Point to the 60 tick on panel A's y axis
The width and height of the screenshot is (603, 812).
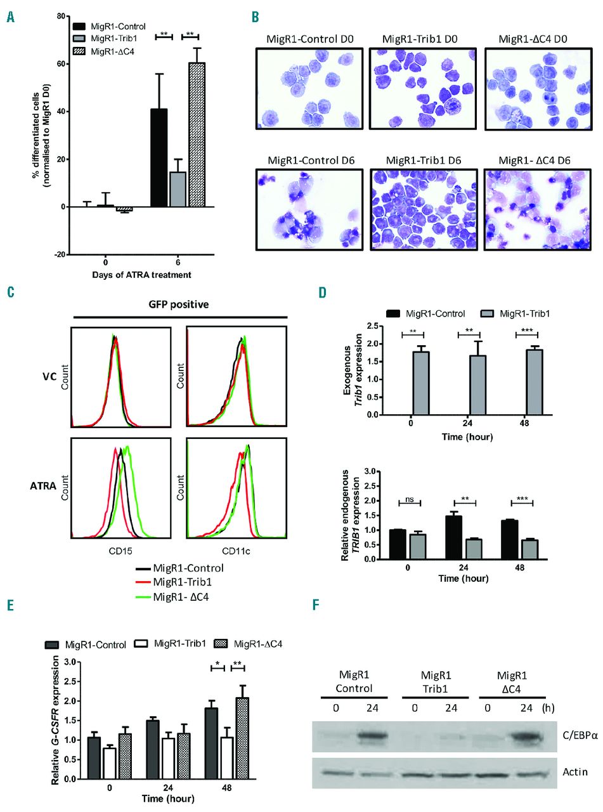pos(60,64)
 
